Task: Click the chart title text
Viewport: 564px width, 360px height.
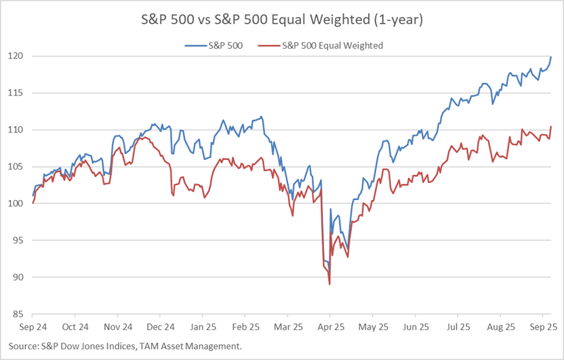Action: tap(281, 20)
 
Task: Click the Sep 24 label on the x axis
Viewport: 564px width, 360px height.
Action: tap(33, 326)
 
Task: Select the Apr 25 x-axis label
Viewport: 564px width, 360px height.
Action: tap(329, 326)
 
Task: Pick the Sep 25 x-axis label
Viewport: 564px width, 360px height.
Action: tap(542, 326)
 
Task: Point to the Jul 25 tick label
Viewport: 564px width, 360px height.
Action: tap(458, 326)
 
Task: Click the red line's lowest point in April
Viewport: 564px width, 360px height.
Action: tap(329, 285)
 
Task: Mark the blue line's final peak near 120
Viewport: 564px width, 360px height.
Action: tap(550, 57)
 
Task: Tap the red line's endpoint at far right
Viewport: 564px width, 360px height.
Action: tap(550, 127)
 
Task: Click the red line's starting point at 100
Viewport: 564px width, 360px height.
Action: tap(33, 203)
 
